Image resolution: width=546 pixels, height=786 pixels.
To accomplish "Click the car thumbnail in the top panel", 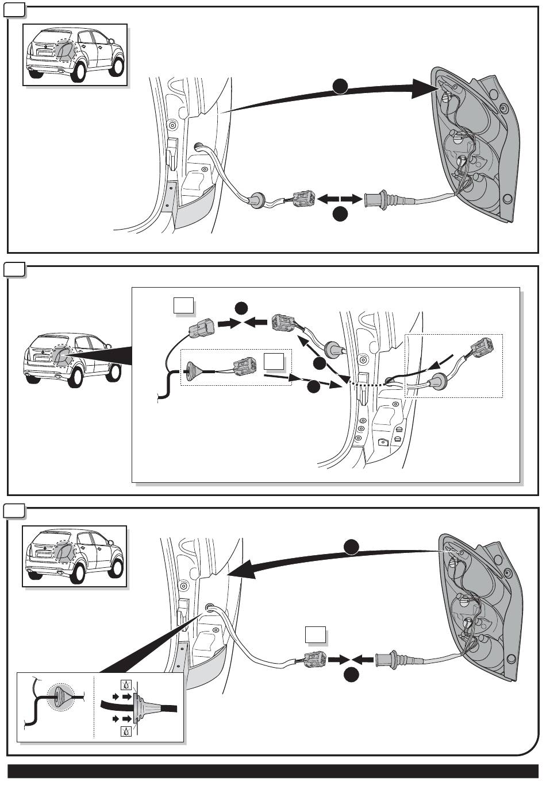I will tap(75, 55).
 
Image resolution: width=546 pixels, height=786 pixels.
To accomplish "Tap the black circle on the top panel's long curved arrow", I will tap(340, 86).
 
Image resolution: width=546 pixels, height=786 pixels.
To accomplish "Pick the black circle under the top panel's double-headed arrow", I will tap(340, 215).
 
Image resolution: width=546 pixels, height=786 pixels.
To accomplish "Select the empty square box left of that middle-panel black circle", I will tap(183, 305).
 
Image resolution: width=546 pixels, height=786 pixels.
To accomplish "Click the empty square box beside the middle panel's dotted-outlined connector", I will tap(274, 362).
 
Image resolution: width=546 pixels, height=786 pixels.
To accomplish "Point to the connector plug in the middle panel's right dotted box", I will tap(480, 350).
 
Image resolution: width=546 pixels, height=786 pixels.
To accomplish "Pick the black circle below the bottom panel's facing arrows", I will tap(352, 675).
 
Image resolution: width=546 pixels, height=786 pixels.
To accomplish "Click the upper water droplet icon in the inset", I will tap(126, 685).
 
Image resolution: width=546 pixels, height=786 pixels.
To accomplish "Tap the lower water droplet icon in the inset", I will tap(126, 731).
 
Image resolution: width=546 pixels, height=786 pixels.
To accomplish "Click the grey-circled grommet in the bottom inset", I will tap(60, 696).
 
